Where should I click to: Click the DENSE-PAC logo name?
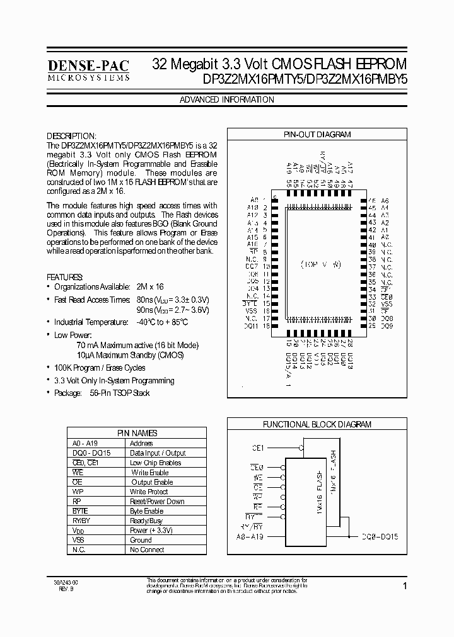(x=88, y=65)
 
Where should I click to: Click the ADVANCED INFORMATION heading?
(x=227, y=100)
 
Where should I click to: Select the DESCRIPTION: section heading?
(x=72, y=136)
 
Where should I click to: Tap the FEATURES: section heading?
(x=65, y=277)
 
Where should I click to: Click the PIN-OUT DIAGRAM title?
(x=317, y=135)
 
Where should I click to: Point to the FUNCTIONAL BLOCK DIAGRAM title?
(x=317, y=425)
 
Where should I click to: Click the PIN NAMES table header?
(x=137, y=433)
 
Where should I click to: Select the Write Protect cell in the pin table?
(x=149, y=492)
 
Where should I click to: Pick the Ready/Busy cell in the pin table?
(x=146, y=521)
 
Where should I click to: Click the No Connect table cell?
(x=147, y=550)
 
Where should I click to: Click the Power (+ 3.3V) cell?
(x=151, y=530)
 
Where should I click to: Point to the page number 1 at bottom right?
(x=405, y=586)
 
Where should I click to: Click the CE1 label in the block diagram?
(x=258, y=448)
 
